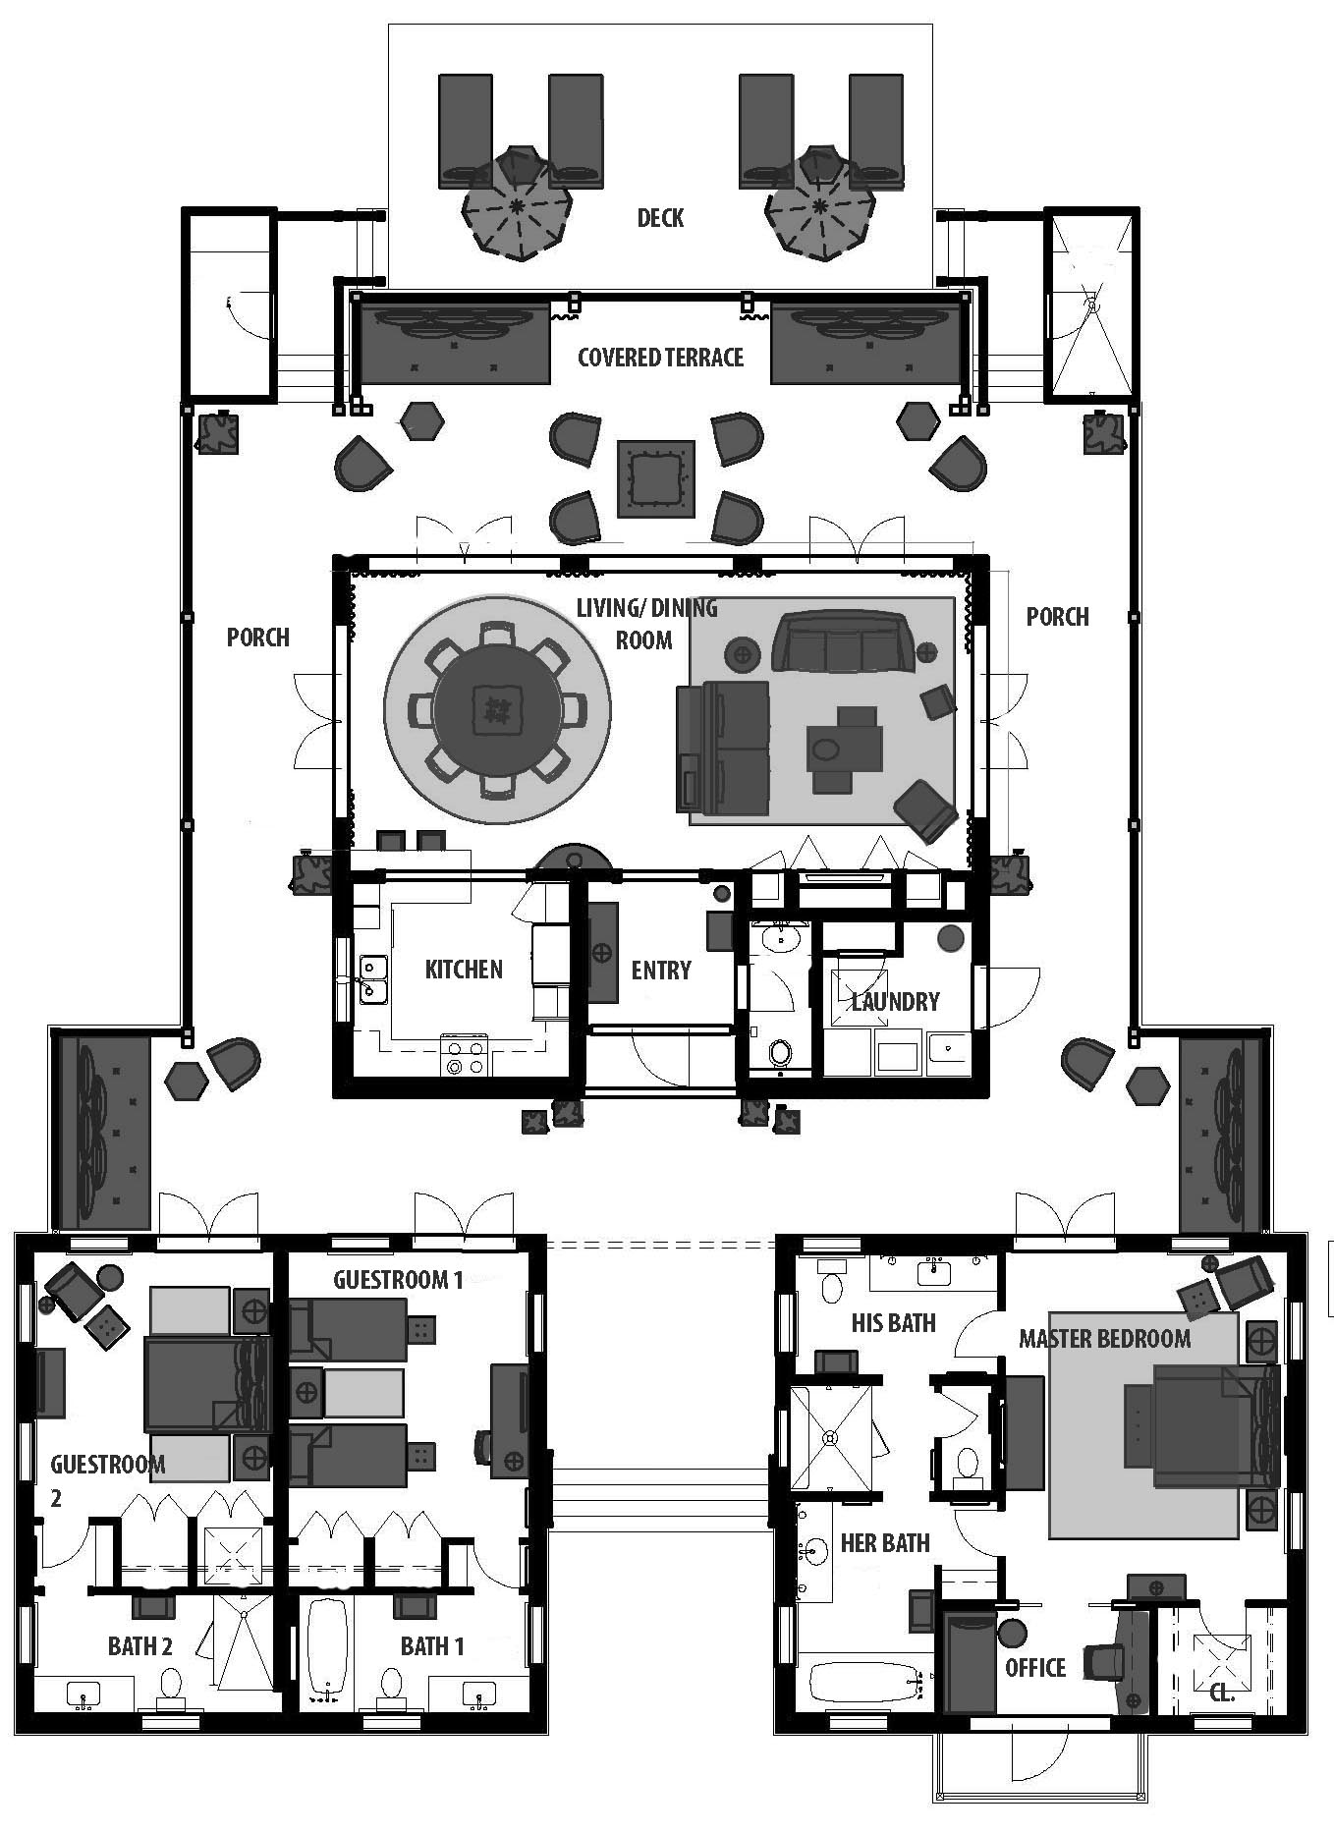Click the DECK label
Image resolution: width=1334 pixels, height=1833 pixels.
click(660, 217)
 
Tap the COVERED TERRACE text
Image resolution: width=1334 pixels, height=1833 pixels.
click(660, 357)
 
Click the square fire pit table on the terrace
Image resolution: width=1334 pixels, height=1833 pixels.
click(657, 478)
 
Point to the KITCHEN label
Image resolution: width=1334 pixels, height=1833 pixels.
click(464, 970)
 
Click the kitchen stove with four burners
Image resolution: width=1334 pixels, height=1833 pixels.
click(465, 1055)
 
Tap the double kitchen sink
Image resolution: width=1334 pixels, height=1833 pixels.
click(372, 978)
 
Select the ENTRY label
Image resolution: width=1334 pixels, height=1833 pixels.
click(661, 971)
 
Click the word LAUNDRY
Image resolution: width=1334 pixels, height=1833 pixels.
click(896, 1002)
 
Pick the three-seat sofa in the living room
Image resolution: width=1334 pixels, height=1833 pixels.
click(843, 641)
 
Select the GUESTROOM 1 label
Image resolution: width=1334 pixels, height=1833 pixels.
click(398, 1279)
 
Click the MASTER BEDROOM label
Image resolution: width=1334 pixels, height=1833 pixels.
click(1104, 1338)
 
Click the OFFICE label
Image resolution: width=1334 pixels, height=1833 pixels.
click(1035, 1667)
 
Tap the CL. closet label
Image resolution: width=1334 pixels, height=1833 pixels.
click(1221, 1694)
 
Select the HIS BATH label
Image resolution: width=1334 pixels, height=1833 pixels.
click(893, 1322)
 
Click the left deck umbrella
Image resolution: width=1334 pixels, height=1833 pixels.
click(517, 203)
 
